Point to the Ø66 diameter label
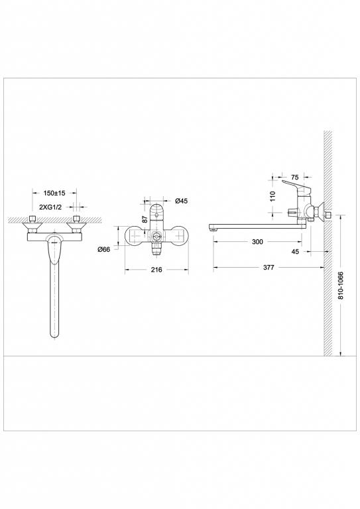click(x=103, y=249)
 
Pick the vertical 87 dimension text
click(x=144, y=219)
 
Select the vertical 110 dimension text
click(x=272, y=196)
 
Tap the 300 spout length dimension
click(x=258, y=242)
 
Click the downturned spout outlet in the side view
click(x=215, y=229)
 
